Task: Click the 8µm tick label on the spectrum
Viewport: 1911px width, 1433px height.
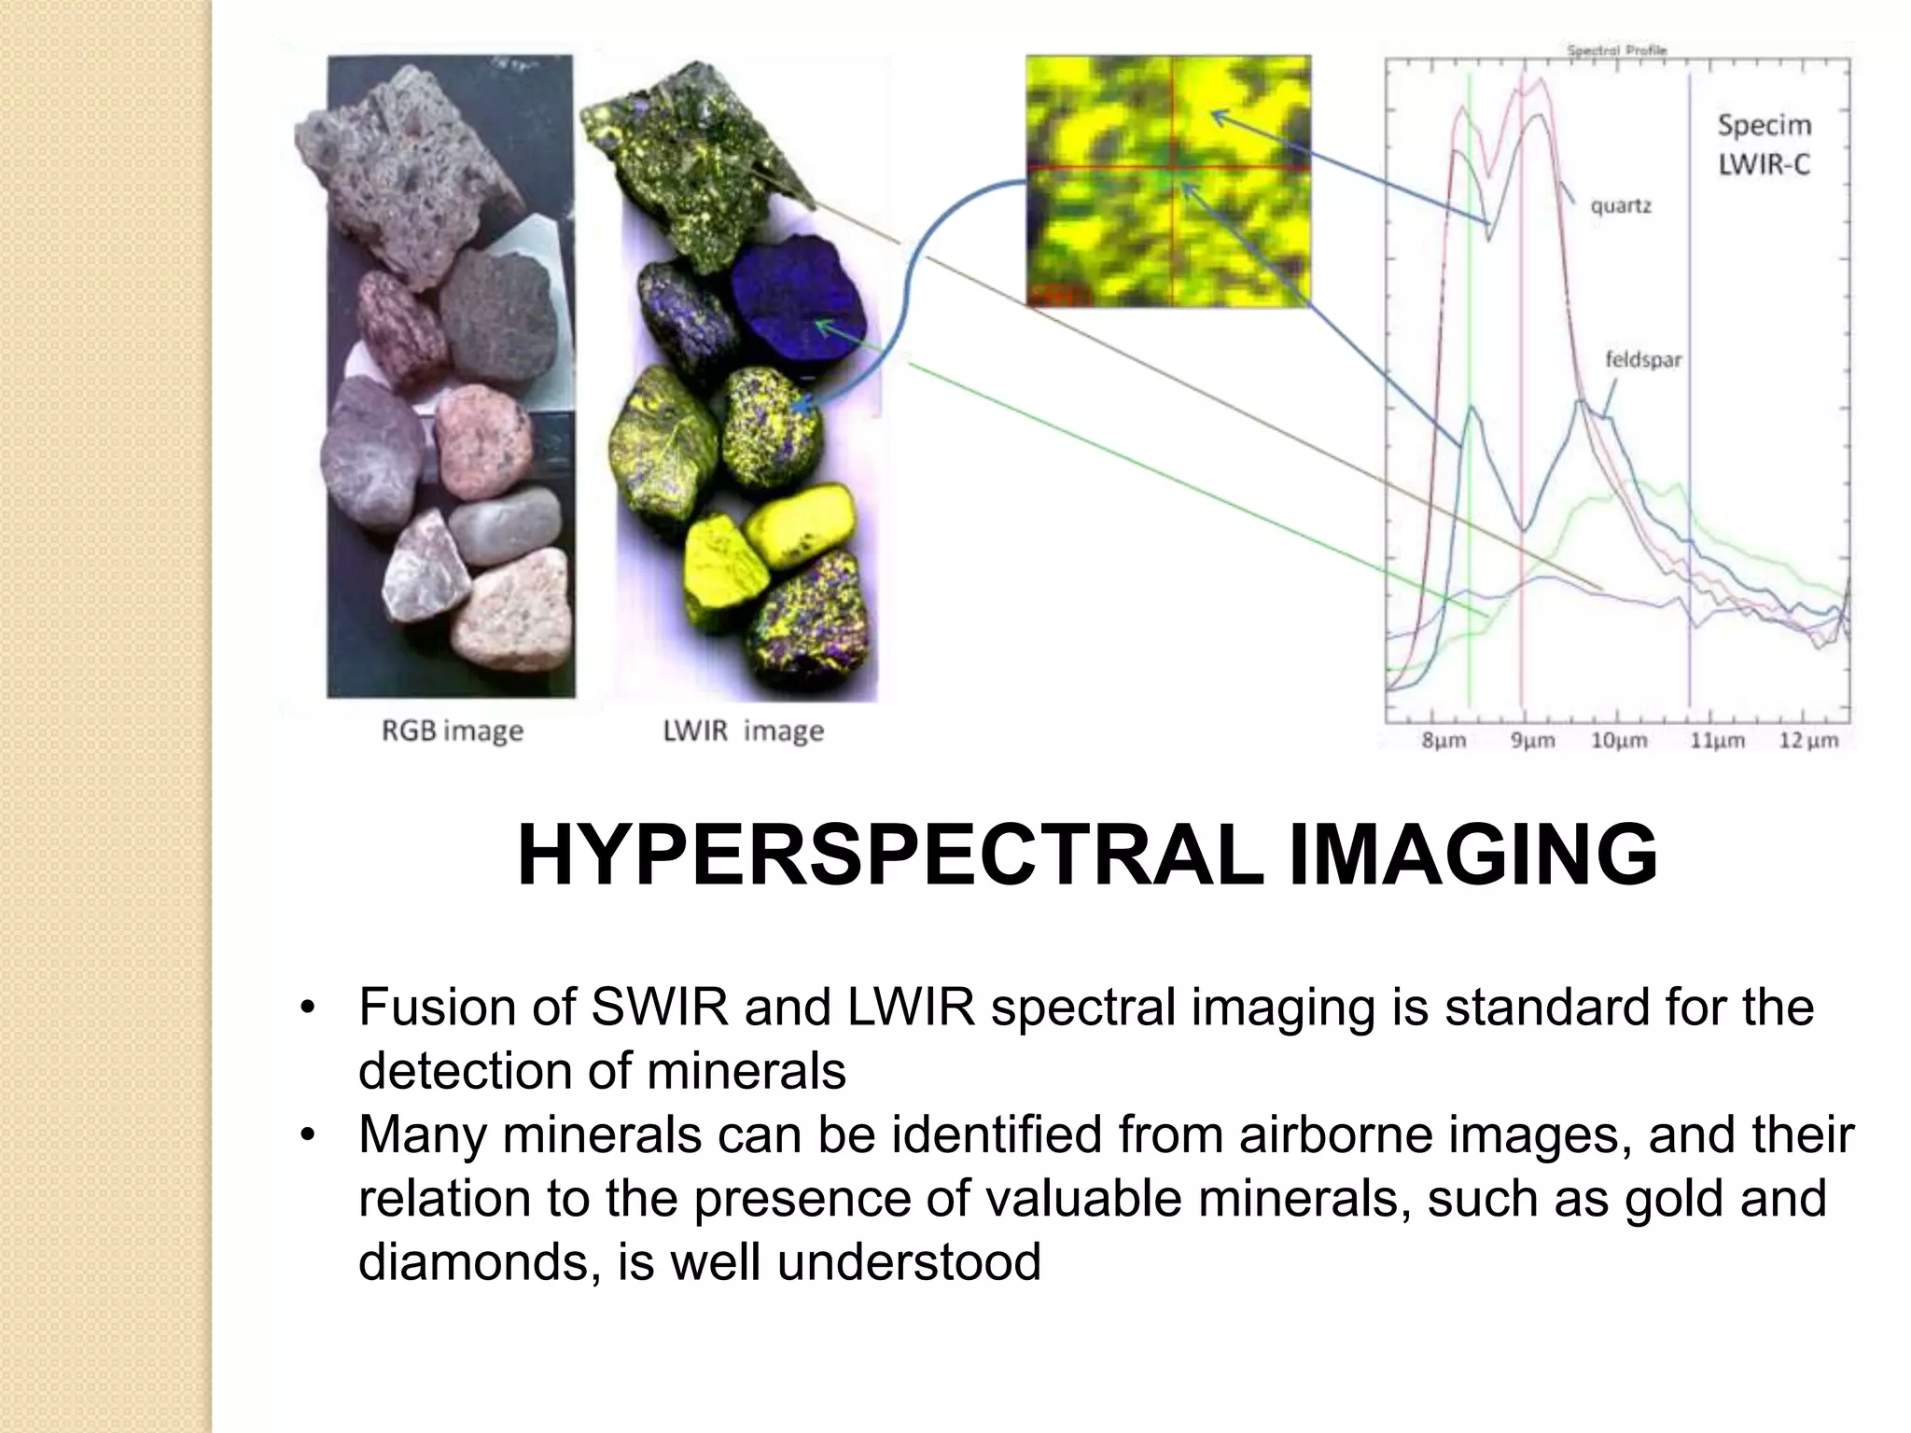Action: click(1444, 741)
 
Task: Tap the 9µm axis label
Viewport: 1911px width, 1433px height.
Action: click(1533, 741)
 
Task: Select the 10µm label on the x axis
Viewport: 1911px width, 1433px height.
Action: click(1619, 741)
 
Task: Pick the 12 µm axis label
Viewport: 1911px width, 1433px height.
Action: click(1808, 741)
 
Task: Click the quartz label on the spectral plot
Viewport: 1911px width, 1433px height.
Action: click(1621, 205)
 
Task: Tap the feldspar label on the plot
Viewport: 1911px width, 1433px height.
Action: click(1643, 359)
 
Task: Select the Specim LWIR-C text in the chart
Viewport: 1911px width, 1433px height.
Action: click(1764, 145)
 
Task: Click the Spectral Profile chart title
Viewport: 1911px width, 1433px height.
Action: click(1616, 50)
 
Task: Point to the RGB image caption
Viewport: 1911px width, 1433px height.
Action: click(453, 730)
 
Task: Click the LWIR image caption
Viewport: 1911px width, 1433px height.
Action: click(743, 730)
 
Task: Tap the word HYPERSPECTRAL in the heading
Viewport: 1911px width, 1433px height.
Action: click(890, 856)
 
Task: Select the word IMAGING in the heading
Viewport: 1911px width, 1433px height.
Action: click(1472, 856)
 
